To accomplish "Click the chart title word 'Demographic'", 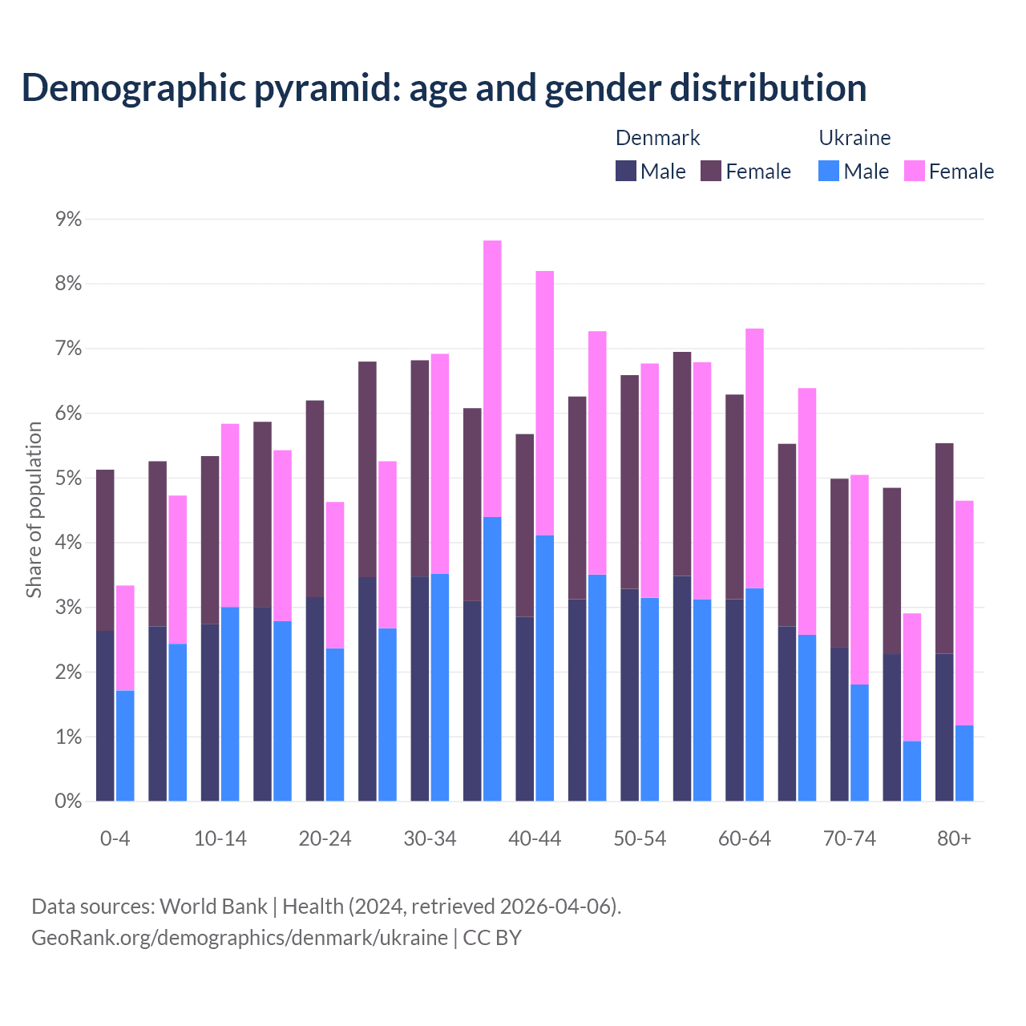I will [131, 88].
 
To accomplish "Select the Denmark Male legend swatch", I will [626, 171].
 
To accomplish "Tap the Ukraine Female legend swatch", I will [914, 171].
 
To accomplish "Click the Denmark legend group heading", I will [657, 138].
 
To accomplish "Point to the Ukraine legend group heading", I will [854, 138].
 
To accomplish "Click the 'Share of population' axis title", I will [34, 510].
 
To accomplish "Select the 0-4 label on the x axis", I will [115, 838].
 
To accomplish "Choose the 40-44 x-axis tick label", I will [535, 838].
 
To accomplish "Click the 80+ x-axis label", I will [954, 838].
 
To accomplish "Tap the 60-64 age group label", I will [745, 838].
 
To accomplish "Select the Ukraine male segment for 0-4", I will [125, 745].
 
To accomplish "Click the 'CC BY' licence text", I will [492, 938].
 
